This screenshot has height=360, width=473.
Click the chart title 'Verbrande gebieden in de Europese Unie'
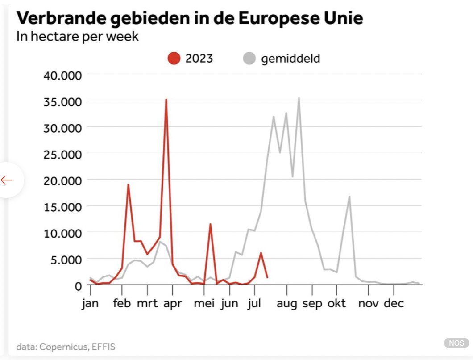click(x=190, y=19)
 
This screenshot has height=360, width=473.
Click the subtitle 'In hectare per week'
click(x=78, y=36)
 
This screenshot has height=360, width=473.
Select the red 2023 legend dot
click(x=174, y=59)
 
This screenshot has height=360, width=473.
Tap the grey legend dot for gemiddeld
click(x=249, y=59)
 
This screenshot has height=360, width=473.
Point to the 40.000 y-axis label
click(x=62, y=75)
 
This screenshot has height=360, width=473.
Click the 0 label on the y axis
click(x=78, y=285)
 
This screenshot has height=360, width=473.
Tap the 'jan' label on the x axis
click(x=91, y=303)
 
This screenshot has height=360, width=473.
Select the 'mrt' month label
click(x=147, y=303)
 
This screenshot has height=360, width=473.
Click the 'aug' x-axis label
click(x=286, y=303)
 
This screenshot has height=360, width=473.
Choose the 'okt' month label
click(x=337, y=303)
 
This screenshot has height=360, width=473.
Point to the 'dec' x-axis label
click(x=394, y=303)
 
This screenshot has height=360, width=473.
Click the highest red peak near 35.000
click(x=166, y=100)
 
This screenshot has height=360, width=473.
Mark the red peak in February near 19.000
click(x=128, y=184)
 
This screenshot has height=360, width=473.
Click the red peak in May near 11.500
click(x=210, y=224)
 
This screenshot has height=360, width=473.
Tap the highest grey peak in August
click(x=299, y=98)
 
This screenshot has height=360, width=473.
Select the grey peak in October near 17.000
click(x=349, y=196)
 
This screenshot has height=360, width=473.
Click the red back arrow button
click(x=7, y=180)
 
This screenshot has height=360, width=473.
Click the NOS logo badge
click(x=456, y=343)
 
